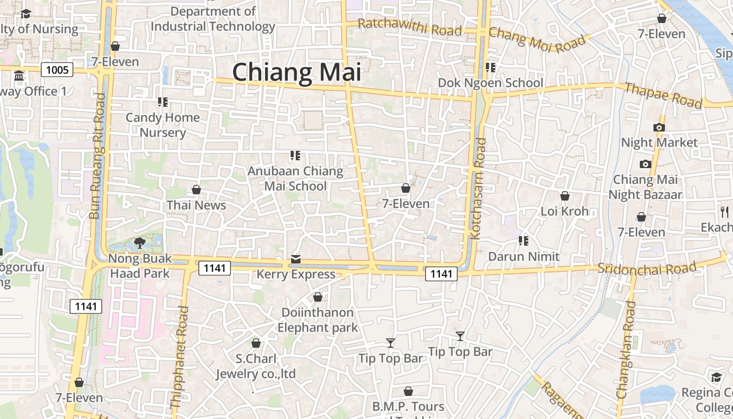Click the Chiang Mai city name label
click(297, 72)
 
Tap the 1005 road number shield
click(57, 70)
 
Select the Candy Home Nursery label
click(162, 125)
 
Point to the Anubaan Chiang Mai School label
click(295, 178)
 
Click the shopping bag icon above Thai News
click(196, 189)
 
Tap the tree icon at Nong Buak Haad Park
click(139, 242)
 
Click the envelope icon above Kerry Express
click(296, 259)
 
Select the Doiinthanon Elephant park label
click(318, 320)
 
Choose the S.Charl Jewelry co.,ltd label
click(256, 366)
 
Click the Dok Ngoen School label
click(491, 83)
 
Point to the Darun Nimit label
click(524, 257)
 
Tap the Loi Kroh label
click(564, 212)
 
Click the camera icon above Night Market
click(659, 127)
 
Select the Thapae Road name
click(663, 95)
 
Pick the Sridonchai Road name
click(647, 269)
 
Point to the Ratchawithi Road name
click(410, 27)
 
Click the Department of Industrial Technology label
click(213, 19)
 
